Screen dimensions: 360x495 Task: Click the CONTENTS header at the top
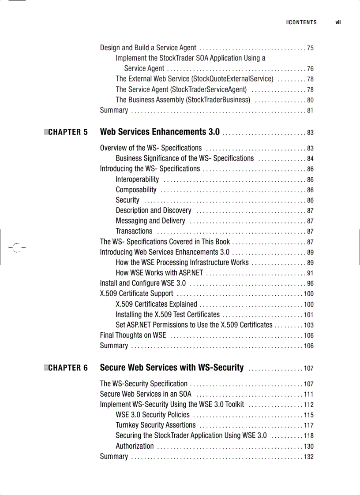(303, 22)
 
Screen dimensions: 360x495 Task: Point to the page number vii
(338, 22)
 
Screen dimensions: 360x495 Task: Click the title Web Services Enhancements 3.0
(160, 132)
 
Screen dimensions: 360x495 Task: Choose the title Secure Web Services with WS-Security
(172, 368)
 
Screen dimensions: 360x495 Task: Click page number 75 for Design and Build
(310, 48)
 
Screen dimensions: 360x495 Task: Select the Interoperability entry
(137, 179)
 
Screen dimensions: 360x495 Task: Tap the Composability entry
(136, 190)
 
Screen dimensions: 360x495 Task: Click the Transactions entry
(134, 231)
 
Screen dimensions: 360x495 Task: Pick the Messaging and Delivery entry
(150, 221)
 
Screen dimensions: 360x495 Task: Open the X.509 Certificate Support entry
(136, 294)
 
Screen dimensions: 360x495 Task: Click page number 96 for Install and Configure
(310, 283)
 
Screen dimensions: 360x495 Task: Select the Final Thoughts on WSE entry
(133, 335)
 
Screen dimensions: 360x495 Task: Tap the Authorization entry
(135, 446)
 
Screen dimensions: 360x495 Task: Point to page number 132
(308, 457)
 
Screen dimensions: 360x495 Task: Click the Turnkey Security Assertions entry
(155, 425)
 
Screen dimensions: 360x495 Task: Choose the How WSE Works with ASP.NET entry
(159, 273)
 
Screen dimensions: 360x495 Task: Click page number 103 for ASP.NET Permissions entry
(308, 325)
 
